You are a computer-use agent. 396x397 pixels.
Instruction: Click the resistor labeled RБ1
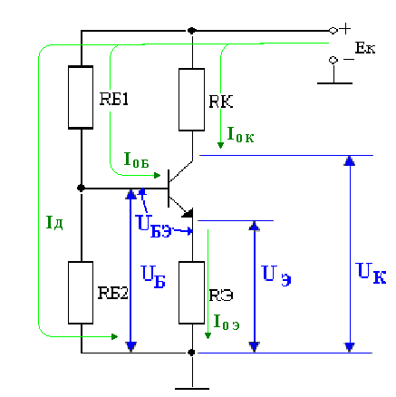click(81, 97)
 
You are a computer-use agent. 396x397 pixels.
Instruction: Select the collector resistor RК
click(191, 100)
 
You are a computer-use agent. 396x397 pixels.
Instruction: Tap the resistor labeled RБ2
click(81, 293)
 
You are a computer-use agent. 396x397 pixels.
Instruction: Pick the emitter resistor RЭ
click(191, 293)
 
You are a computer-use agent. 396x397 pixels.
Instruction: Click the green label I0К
click(240, 135)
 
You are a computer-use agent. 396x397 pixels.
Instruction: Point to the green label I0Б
click(137, 160)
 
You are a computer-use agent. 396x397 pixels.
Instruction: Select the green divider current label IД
click(54, 223)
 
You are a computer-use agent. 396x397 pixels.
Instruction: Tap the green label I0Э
click(227, 322)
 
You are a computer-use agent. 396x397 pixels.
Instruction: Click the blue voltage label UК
click(371, 273)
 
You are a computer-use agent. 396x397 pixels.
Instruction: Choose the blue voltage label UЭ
click(276, 275)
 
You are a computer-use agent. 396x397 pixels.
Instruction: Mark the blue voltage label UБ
click(153, 276)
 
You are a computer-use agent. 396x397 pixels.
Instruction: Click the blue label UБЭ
click(154, 226)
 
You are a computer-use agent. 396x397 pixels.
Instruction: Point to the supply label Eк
click(365, 48)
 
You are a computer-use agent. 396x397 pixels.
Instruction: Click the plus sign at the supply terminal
click(344, 29)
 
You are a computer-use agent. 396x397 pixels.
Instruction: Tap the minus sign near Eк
click(349, 59)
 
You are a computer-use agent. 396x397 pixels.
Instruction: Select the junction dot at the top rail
click(191, 31)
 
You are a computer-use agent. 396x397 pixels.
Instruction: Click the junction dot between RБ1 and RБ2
click(81, 189)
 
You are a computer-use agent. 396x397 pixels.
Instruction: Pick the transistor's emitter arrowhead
click(188, 213)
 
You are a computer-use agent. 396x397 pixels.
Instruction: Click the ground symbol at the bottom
click(192, 388)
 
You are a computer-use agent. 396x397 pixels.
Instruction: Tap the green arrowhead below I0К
click(220, 145)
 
